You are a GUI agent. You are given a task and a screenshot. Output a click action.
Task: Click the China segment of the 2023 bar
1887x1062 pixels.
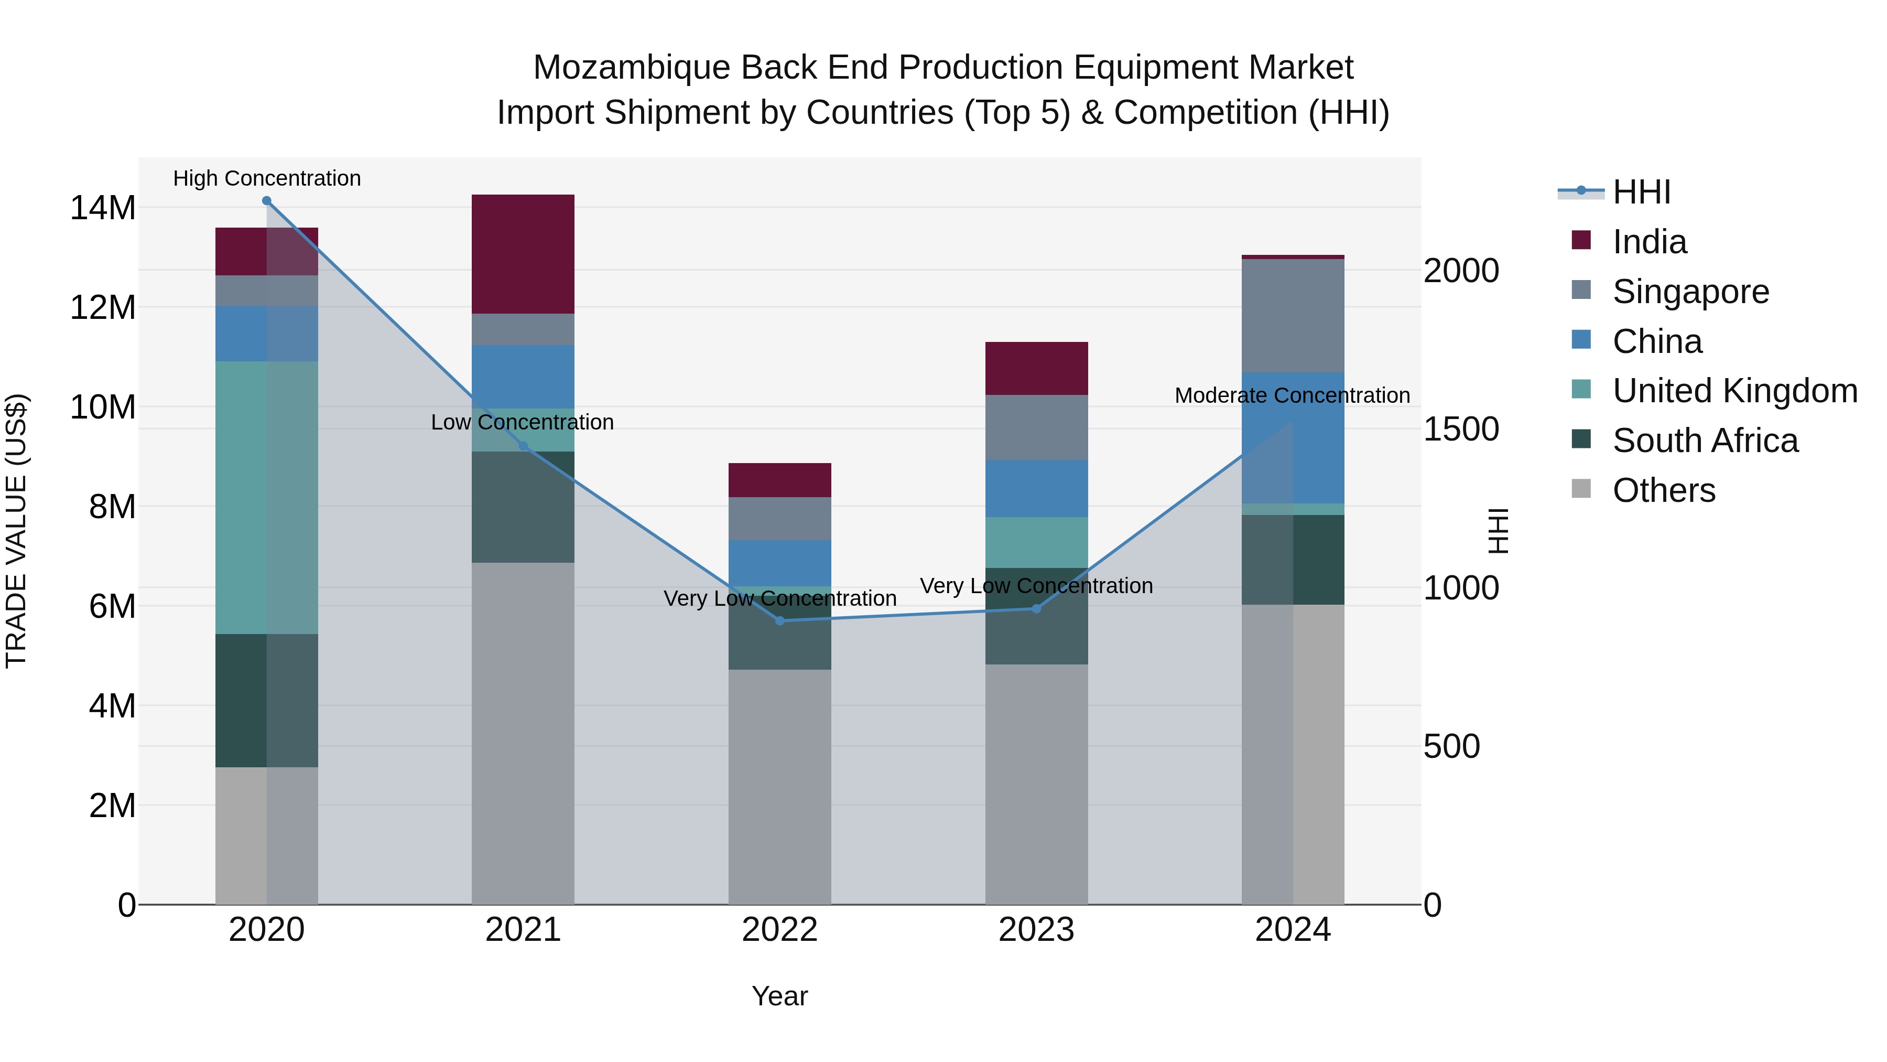click(x=1036, y=488)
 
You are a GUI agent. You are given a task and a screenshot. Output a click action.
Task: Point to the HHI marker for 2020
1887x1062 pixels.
click(x=267, y=201)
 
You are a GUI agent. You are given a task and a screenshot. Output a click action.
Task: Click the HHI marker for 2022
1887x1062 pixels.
click(x=779, y=621)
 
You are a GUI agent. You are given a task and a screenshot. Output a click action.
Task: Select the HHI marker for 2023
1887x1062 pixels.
click(x=1036, y=608)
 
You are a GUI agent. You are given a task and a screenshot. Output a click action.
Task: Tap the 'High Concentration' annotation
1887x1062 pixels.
click(x=267, y=178)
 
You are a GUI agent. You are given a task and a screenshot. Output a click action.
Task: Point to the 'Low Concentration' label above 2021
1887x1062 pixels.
click(x=522, y=422)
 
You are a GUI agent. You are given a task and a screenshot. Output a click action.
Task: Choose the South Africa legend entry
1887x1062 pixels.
click(x=1705, y=441)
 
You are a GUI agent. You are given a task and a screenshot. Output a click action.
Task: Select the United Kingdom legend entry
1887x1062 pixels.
click(x=1734, y=391)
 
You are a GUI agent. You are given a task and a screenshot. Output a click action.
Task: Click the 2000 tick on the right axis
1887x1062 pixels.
click(x=1461, y=271)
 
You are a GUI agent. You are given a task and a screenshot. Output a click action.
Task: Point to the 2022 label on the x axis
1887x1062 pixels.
click(x=779, y=930)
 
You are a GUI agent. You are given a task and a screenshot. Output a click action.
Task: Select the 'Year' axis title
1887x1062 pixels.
click(x=779, y=996)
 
